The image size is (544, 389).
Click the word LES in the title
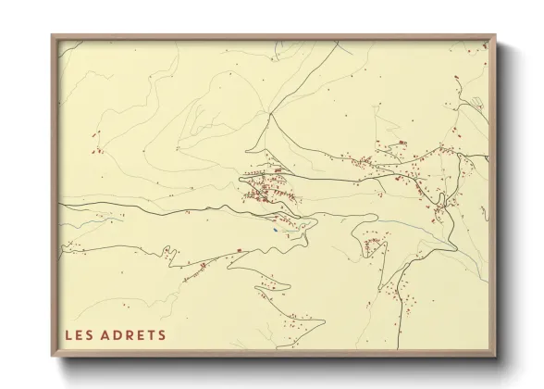tap(79, 334)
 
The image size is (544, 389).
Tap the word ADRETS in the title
tap(134, 334)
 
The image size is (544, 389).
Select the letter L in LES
tap(68, 334)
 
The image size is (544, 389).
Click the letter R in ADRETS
tap(130, 334)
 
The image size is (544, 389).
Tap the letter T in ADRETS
tap(151, 334)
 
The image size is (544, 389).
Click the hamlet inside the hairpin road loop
tap(373, 245)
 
